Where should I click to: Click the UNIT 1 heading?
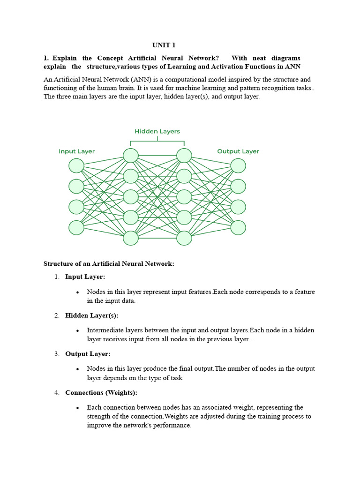[164, 45]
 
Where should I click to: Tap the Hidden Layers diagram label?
[157, 131]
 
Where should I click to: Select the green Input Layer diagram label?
[76, 151]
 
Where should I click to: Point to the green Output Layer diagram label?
[238, 151]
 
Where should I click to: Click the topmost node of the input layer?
[76, 165]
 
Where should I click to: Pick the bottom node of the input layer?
[76, 227]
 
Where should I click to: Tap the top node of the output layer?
[238, 165]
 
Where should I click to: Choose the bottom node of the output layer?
[238, 227]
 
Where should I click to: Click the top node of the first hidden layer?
[131, 156]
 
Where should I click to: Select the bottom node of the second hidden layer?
[184, 238]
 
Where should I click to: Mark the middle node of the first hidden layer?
[131, 197]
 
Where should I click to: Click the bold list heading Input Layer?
[85, 277]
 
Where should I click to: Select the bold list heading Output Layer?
[88, 354]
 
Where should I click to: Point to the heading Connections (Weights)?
[101, 392]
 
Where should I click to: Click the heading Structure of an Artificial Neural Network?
[109, 264]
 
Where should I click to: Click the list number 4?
[56, 392]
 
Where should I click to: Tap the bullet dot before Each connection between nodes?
[77, 408]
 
